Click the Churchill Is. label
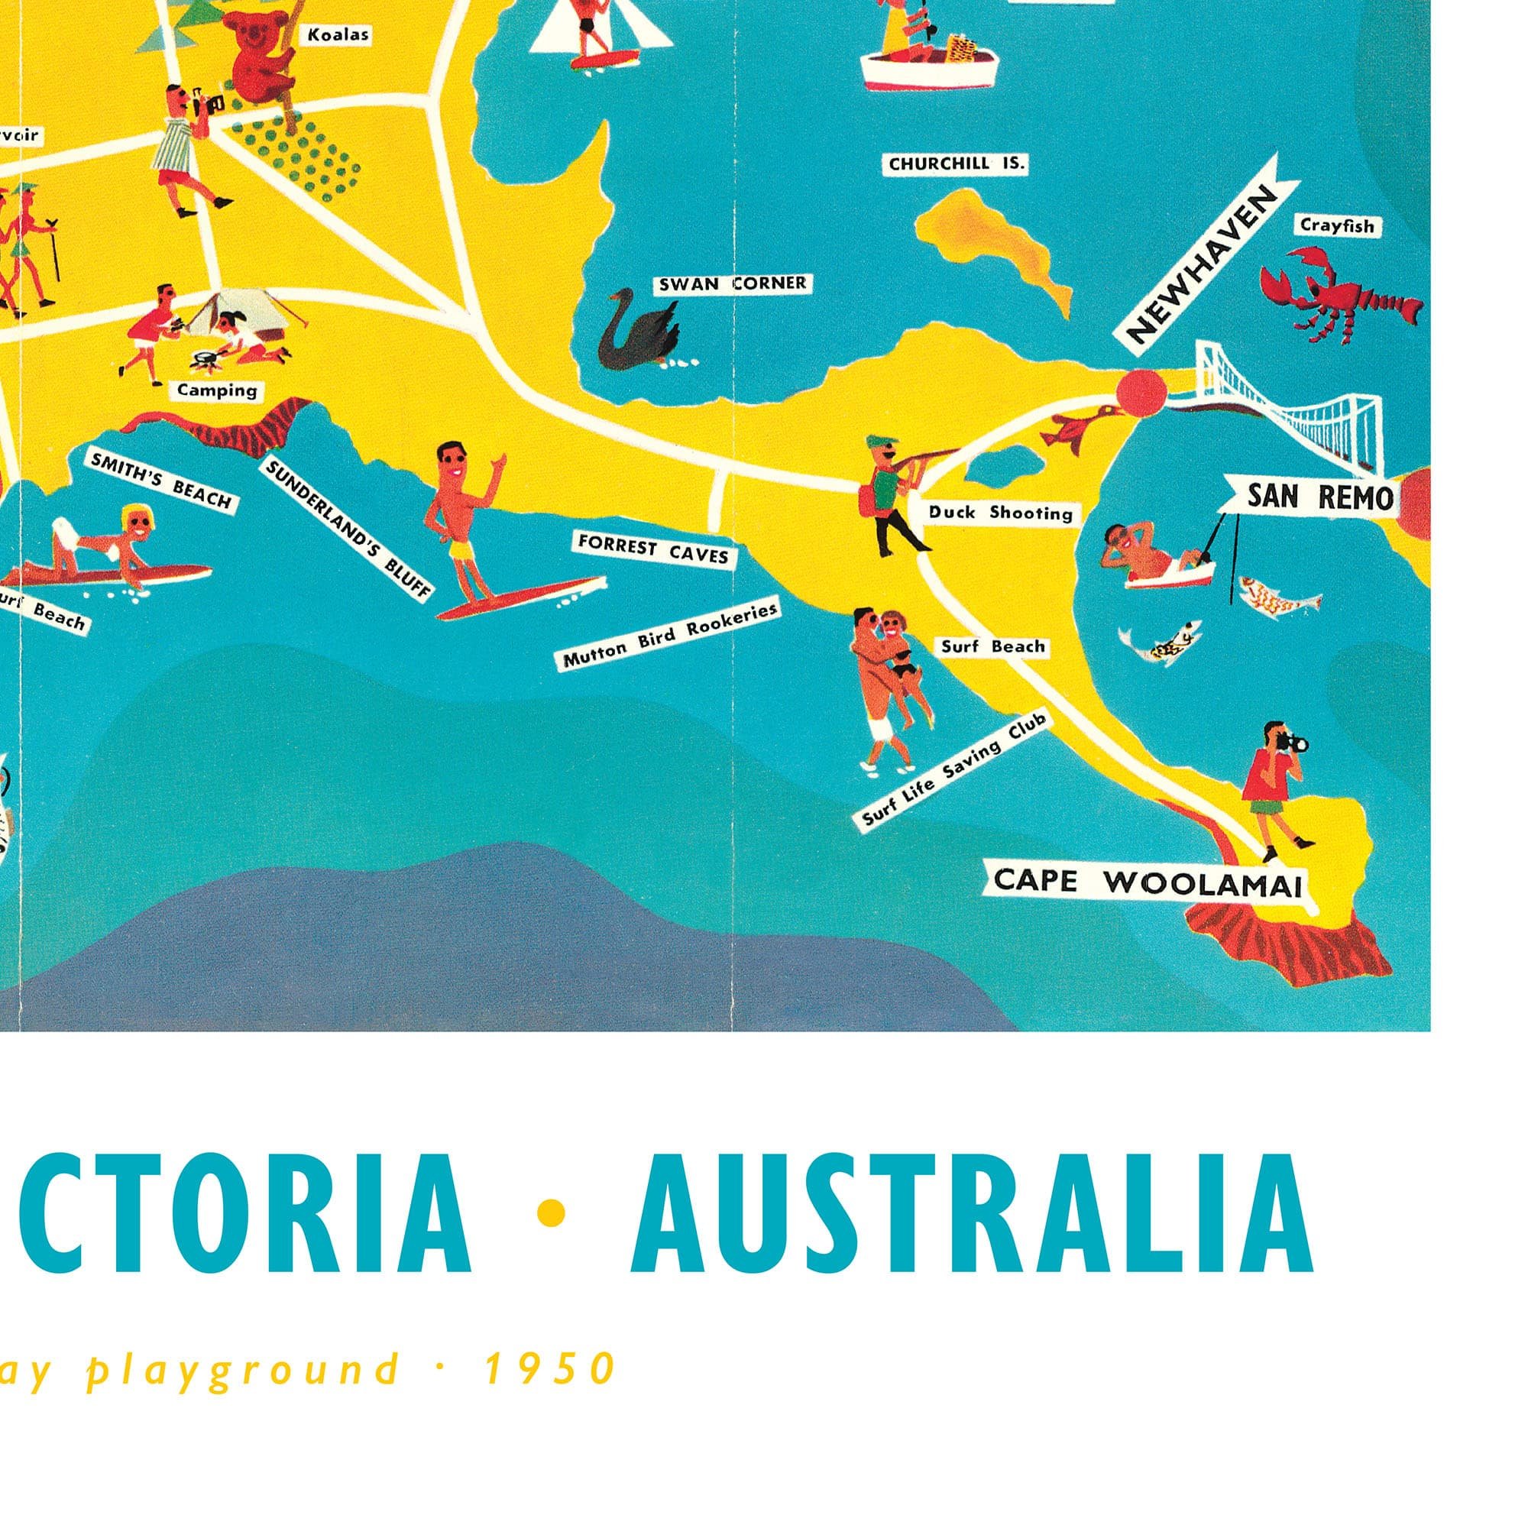957,164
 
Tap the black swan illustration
638,335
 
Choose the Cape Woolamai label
1147,882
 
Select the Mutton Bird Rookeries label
669,633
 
